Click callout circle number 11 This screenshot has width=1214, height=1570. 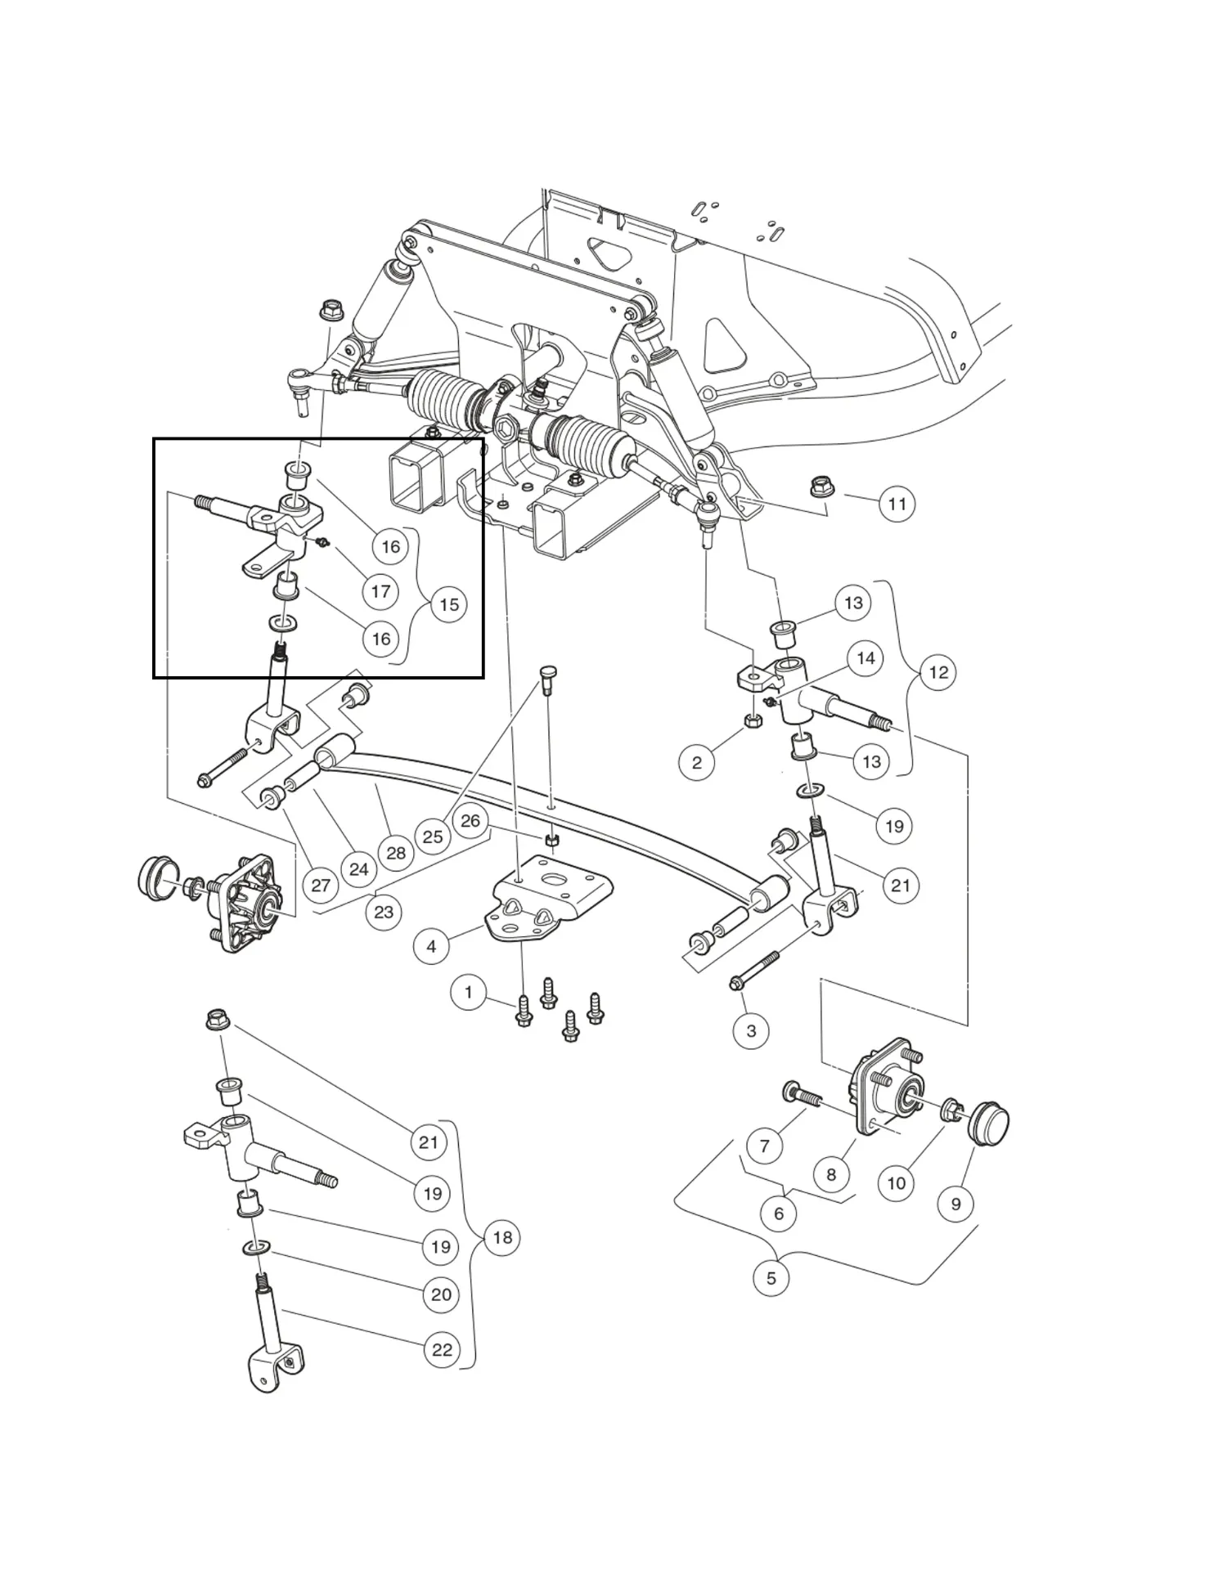click(x=897, y=504)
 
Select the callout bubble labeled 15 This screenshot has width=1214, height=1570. click(x=448, y=604)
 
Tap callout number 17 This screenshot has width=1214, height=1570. click(x=380, y=591)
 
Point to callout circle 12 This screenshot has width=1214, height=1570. click(x=938, y=672)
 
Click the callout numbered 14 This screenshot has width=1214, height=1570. click(x=866, y=658)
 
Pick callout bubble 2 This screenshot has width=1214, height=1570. click(x=696, y=763)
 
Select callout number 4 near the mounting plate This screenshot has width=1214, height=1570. click(x=431, y=947)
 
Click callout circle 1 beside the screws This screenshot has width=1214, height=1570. click(x=468, y=993)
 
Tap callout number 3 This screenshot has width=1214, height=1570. click(x=751, y=1031)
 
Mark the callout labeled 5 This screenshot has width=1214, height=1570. click(x=771, y=1277)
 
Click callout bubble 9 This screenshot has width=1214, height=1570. click(x=955, y=1204)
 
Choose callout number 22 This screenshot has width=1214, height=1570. click(x=442, y=1349)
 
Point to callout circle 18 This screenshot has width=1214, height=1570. click(x=502, y=1237)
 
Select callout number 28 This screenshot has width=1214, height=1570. click(x=396, y=853)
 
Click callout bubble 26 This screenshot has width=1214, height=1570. click(x=470, y=820)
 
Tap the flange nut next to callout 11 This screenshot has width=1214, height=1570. click(x=821, y=488)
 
